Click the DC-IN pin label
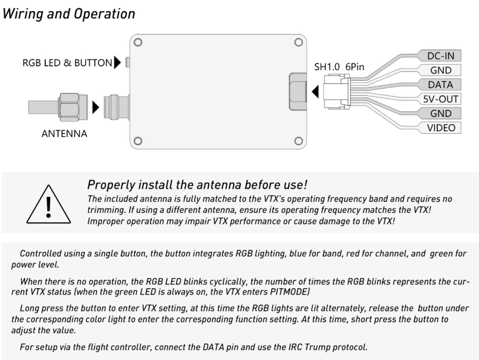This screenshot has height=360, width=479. [x=441, y=56]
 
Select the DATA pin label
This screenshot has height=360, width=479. [x=440, y=85]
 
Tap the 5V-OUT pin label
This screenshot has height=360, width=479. [x=440, y=99]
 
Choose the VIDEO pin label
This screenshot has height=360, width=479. [x=441, y=128]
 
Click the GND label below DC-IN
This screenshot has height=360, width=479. [x=441, y=70]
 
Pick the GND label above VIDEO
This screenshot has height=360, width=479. [x=441, y=113]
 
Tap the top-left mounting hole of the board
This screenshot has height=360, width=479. [x=138, y=42]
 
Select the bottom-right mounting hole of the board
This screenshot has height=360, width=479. [x=298, y=141]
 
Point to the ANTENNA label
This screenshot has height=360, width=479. [x=64, y=134]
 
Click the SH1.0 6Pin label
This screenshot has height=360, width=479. [x=339, y=67]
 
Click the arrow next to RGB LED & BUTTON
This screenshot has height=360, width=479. [x=117, y=62]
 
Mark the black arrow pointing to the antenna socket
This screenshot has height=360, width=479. [x=95, y=108]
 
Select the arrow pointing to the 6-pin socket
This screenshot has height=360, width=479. [x=315, y=91]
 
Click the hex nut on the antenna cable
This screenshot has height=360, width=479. [x=72, y=107]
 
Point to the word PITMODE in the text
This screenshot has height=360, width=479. [x=289, y=292]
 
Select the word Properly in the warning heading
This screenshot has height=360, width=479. [x=111, y=185]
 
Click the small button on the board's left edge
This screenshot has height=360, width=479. [x=128, y=62]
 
